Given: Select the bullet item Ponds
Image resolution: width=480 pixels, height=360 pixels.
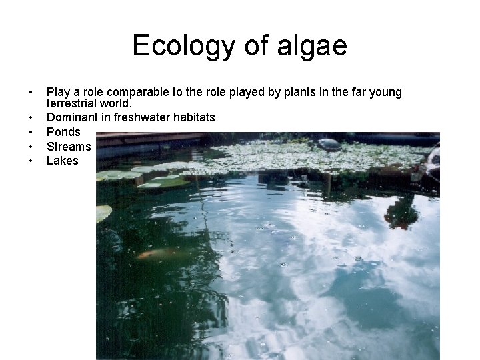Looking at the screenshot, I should click(63, 132).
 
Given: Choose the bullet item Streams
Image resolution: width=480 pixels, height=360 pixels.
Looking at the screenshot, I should click(69, 146).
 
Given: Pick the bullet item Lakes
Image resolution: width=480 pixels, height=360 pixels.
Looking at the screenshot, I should click(63, 161).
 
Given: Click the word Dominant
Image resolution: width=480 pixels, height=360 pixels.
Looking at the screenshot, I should click(71, 117).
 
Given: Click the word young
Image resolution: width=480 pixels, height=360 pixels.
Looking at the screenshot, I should click(386, 92).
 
